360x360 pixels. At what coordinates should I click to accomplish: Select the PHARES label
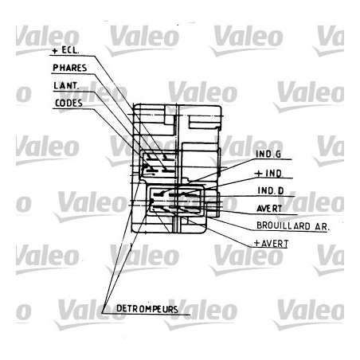(x=70, y=68)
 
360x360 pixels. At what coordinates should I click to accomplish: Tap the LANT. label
(x=65, y=86)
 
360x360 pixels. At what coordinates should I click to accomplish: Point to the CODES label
(x=68, y=103)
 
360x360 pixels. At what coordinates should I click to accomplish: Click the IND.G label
(x=268, y=155)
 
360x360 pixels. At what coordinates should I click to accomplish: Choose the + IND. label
(x=268, y=174)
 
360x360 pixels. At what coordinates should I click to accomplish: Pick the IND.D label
(x=271, y=190)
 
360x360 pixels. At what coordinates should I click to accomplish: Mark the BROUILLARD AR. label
(x=293, y=226)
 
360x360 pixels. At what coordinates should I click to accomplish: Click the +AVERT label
(x=271, y=244)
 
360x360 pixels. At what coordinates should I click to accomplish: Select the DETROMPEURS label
(x=147, y=309)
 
